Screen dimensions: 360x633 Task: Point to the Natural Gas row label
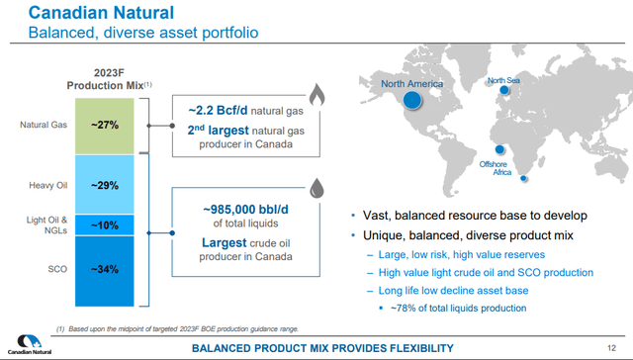[x=39, y=126]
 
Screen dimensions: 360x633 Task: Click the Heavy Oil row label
[x=45, y=185]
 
